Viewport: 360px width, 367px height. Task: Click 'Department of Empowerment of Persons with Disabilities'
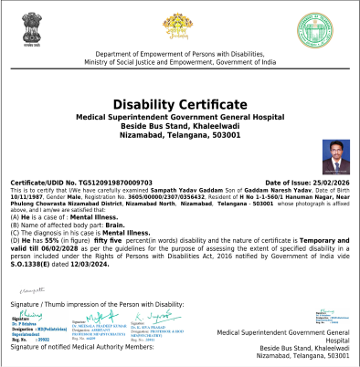(180, 55)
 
